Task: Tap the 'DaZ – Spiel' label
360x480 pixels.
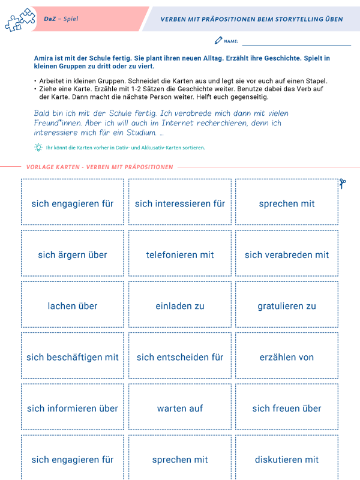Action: coord(61,19)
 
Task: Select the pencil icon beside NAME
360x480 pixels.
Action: coord(218,41)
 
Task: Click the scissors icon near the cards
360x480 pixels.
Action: coord(343,184)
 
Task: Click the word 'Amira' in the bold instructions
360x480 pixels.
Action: coord(45,58)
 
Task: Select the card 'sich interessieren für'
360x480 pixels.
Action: coord(180,203)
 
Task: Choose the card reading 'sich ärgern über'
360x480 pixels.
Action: coord(73,254)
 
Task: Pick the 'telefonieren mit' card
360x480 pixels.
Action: coord(180,254)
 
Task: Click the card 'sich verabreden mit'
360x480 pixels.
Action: coord(287,254)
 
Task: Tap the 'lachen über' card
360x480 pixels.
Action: coord(73,306)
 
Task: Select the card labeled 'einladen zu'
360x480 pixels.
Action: coord(180,306)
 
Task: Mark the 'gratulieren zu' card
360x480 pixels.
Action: coord(287,306)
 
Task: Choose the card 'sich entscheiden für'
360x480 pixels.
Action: coord(180,357)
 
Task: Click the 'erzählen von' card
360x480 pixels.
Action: coord(287,357)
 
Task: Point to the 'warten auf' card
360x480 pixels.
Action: coord(180,409)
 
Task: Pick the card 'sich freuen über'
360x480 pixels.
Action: coord(287,409)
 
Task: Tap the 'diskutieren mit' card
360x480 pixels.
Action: coord(287,459)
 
